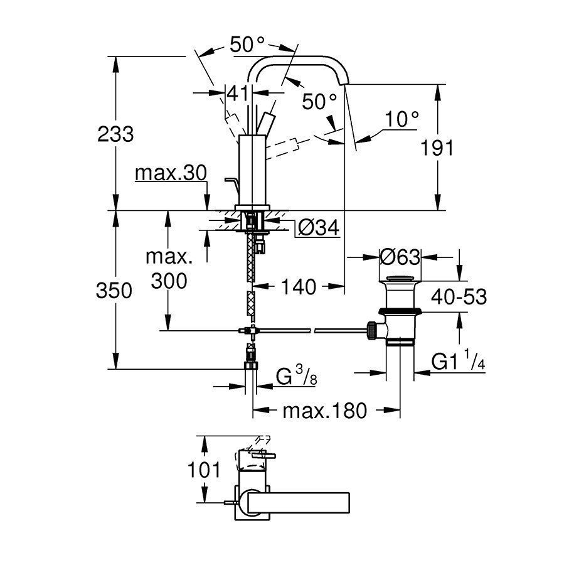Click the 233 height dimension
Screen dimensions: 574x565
(115, 134)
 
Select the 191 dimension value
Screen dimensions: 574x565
(437, 148)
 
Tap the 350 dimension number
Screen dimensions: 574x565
(114, 291)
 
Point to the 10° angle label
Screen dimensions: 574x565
(402, 119)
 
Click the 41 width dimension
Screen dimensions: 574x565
(238, 94)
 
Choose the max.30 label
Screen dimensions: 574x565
(171, 173)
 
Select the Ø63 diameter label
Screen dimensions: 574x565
(400, 257)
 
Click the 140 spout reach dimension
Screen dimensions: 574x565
(299, 286)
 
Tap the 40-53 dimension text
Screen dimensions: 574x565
(459, 296)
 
